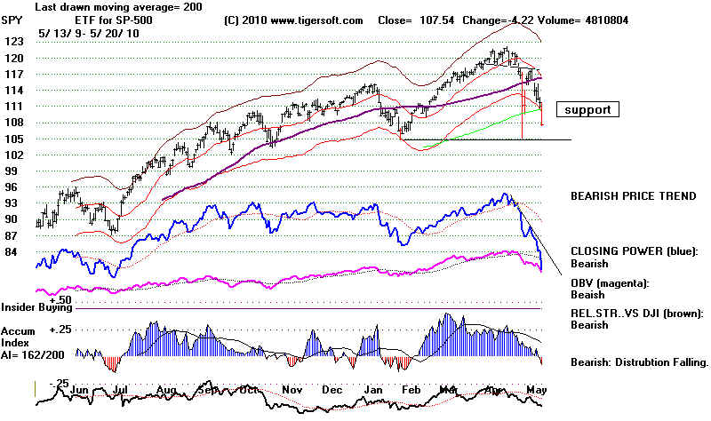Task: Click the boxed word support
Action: point(587,110)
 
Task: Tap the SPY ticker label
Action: point(13,20)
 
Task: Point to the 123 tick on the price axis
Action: point(12,42)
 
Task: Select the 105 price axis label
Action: point(12,139)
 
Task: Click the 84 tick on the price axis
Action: point(12,252)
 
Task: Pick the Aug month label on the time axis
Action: point(166,389)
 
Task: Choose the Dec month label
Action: point(332,389)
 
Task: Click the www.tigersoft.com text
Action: point(294,20)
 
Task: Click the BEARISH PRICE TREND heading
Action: point(634,195)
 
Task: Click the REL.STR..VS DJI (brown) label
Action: point(636,313)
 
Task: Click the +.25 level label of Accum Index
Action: point(60,329)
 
